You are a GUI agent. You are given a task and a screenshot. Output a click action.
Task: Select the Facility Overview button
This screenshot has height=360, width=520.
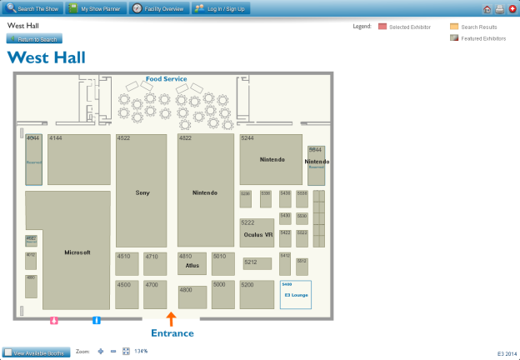157,8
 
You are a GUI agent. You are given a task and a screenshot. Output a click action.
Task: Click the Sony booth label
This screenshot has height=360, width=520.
142,192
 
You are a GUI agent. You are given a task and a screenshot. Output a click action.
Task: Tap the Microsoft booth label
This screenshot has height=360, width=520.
77,252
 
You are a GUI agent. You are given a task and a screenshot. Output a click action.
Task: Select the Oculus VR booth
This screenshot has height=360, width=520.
257,234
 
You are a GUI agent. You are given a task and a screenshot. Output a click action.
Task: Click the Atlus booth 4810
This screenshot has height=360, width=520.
192,263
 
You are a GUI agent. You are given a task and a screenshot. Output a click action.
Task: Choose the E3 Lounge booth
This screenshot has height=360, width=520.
296,295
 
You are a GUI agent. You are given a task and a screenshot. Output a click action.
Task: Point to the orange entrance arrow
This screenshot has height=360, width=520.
171,317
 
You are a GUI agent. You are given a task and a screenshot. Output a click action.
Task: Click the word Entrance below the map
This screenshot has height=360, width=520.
172,333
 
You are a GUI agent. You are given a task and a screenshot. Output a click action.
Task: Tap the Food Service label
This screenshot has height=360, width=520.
166,79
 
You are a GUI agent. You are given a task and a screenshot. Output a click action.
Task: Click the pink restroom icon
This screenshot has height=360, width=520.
54,319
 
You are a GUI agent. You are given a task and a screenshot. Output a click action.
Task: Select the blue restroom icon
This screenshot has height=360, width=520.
97,319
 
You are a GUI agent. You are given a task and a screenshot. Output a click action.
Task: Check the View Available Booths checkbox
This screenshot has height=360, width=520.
7,352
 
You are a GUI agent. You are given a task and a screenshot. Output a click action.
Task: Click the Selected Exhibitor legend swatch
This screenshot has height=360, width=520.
382,27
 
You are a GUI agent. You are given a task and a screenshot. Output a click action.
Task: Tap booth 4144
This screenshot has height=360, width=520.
79,158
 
